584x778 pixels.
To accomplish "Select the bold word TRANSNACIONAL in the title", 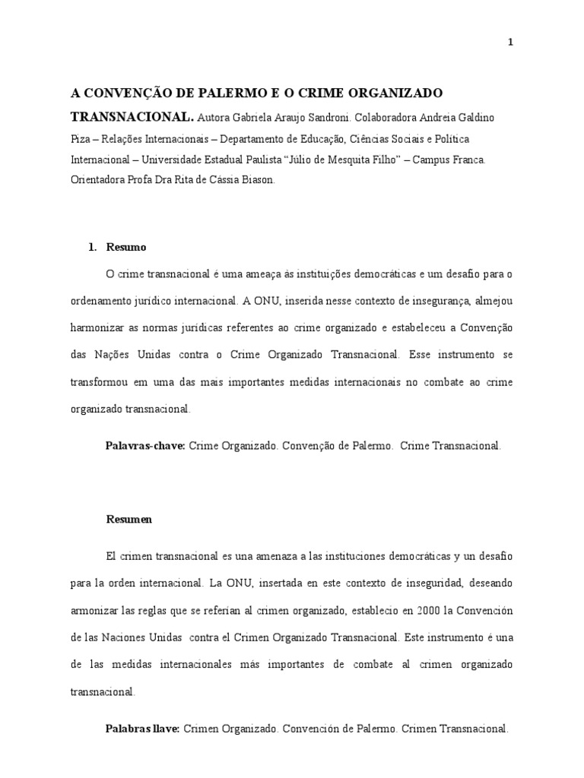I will [x=132, y=118].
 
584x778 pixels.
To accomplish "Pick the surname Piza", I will [x=81, y=140].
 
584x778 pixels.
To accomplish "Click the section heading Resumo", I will [x=125, y=248].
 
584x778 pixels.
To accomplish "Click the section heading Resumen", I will [x=129, y=520].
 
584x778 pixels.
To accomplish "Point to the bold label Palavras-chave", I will [x=144, y=446].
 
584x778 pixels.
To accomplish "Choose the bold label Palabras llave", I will [x=141, y=729].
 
